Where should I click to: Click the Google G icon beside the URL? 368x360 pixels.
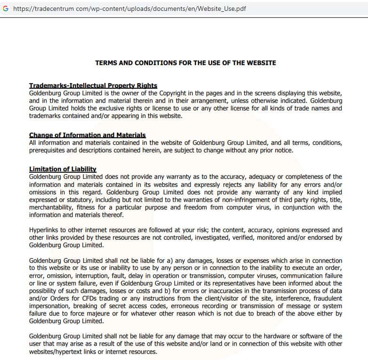(6, 8)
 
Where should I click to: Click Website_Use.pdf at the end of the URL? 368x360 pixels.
(224, 8)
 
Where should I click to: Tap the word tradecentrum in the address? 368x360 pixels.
(53, 8)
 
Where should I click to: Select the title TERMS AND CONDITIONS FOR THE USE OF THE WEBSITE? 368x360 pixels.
(186, 63)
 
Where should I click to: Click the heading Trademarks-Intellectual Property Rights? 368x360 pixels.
(93, 85)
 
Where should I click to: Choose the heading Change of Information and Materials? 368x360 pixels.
(87, 135)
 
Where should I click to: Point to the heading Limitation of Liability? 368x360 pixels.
(63, 169)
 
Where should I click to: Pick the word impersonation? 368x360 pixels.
(51, 306)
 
